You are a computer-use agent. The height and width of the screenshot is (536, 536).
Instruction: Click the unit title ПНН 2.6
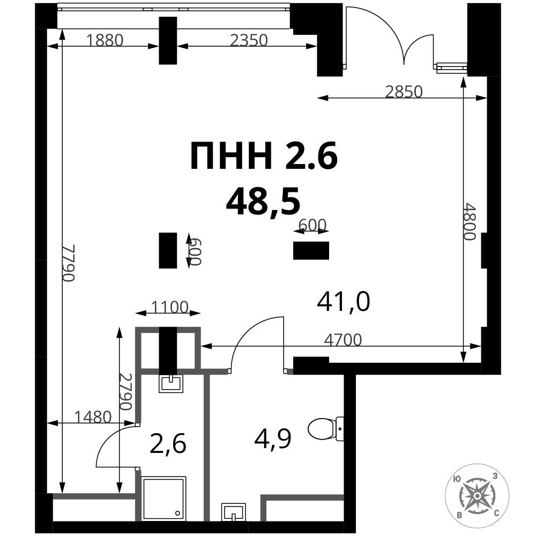point(264,156)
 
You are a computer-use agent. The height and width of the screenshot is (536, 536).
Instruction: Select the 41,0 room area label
point(343,301)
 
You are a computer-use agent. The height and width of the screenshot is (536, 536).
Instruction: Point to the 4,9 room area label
point(272,440)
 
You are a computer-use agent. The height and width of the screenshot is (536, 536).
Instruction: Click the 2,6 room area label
point(168,443)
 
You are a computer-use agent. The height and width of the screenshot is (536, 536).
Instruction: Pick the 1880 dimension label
point(105,40)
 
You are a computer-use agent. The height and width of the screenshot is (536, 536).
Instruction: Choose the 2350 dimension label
point(249,40)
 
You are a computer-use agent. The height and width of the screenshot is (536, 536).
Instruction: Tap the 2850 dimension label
point(404,92)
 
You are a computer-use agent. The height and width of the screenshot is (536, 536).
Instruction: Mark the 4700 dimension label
point(343,340)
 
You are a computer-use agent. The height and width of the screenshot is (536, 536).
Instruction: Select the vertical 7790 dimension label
point(68,263)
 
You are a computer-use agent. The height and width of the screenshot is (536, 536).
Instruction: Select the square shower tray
point(163,498)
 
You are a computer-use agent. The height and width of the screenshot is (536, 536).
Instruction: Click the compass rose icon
point(477,495)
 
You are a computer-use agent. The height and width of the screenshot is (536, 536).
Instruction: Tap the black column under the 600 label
point(311,250)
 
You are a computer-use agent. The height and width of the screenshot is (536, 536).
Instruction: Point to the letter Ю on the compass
point(456,479)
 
